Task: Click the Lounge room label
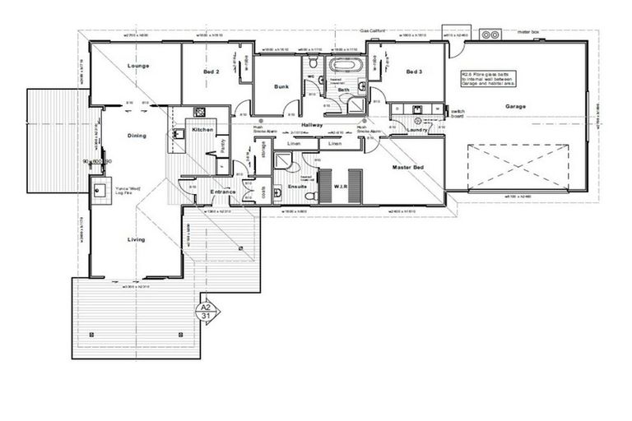pyautogui.click(x=137, y=66)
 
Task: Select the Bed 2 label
pyautogui.click(x=211, y=72)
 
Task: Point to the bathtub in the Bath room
pyautogui.click(x=346, y=64)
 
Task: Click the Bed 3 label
pyautogui.click(x=413, y=72)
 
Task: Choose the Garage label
pyautogui.click(x=515, y=106)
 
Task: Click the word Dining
pyautogui.click(x=137, y=136)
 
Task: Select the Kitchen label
pyautogui.click(x=202, y=130)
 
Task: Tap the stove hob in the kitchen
pyautogui.click(x=198, y=112)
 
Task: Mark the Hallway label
pyautogui.click(x=312, y=124)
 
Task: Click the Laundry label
pyautogui.click(x=416, y=130)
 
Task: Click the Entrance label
pyautogui.click(x=222, y=192)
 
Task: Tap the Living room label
pyautogui.click(x=136, y=239)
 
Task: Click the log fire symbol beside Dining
pyautogui.click(x=101, y=192)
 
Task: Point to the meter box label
pyautogui.click(x=527, y=33)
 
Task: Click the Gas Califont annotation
pyautogui.click(x=374, y=30)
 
